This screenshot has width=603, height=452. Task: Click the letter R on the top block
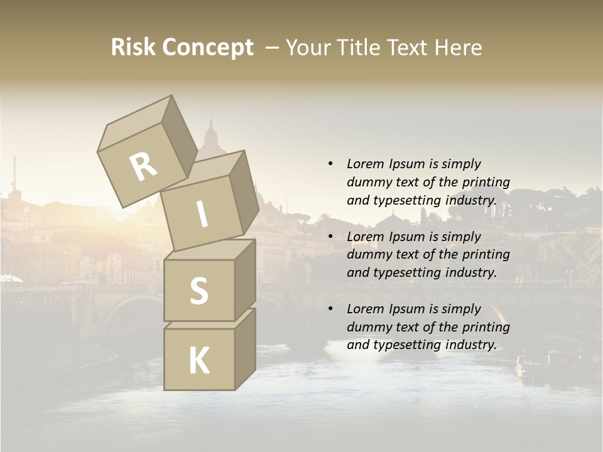click(x=143, y=166)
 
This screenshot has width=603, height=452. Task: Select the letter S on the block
click(x=198, y=291)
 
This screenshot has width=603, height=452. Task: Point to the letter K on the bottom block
click(x=198, y=361)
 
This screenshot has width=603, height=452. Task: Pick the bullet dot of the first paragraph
click(x=330, y=164)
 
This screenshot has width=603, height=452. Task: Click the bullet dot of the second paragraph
click(x=330, y=237)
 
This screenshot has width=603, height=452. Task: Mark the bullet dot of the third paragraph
click(x=330, y=309)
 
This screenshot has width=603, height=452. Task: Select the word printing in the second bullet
click(x=486, y=254)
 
